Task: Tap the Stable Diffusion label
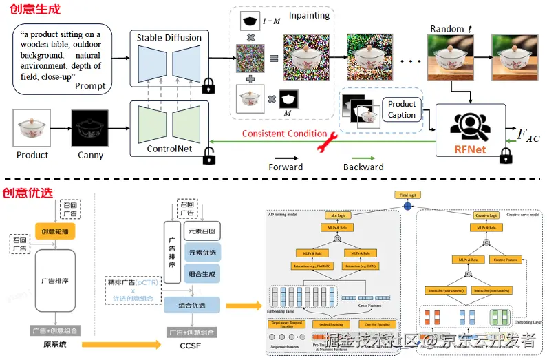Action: pos(169,37)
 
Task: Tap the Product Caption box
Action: pos(402,109)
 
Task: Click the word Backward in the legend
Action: pos(363,167)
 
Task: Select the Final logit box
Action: pos(407,195)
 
